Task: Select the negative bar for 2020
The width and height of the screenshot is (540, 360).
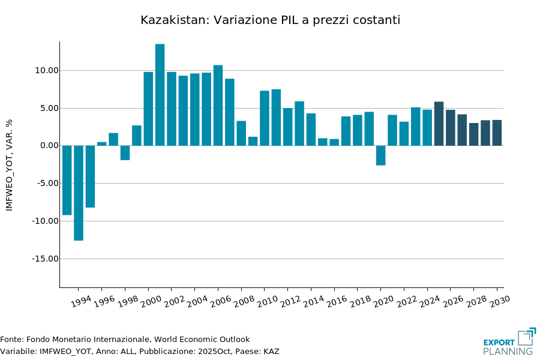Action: (x=380, y=155)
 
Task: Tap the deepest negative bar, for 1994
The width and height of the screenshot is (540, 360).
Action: (x=79, y=193)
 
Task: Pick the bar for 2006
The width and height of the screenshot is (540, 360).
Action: (x=218, y=105)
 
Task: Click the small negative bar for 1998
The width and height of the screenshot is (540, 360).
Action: (x=125, y=153)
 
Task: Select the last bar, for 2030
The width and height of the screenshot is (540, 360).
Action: (x=497, y=133)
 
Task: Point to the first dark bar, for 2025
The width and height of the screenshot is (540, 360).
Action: (x=439, y=124)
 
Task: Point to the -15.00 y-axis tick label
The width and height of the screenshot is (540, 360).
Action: (x=44, y=259)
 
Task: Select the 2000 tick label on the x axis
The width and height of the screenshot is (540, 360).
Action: (x=150, y=301)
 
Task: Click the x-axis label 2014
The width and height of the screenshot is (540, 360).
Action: (x=313, y=301)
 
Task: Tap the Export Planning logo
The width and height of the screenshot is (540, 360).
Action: (x=509, y=342)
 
